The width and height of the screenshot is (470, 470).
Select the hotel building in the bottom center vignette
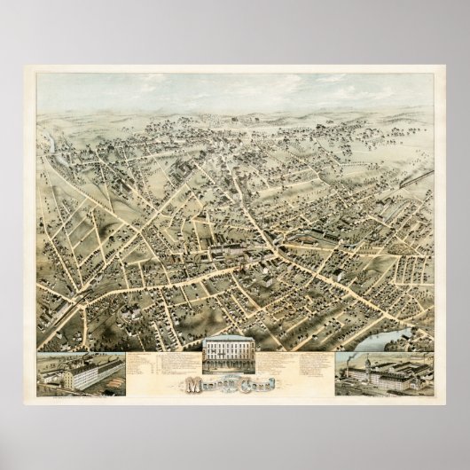235,356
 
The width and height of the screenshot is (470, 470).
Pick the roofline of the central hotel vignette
235,341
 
